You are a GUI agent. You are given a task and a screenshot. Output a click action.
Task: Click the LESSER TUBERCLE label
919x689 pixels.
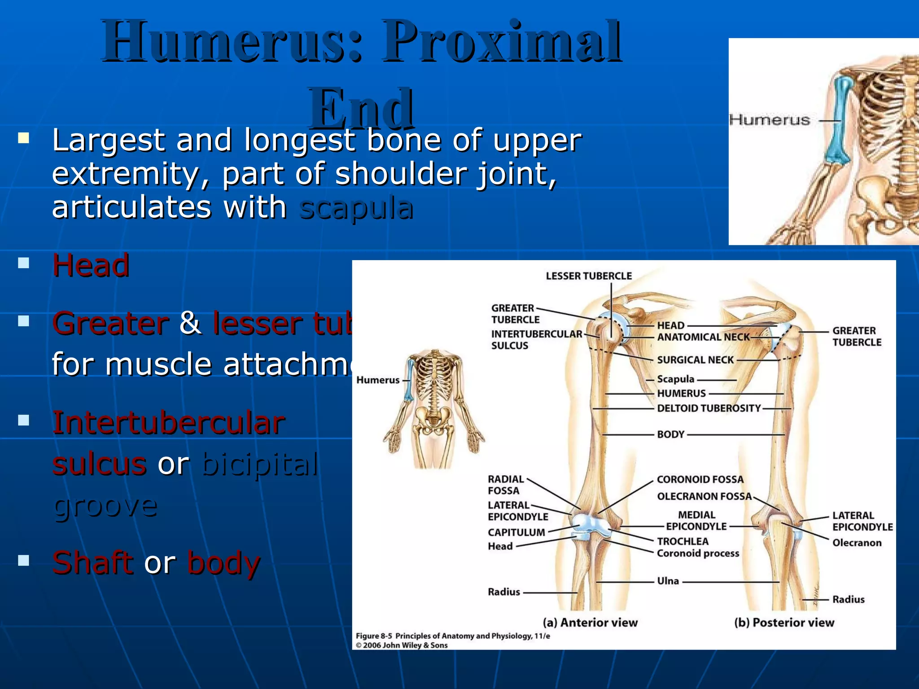tap(588, 276)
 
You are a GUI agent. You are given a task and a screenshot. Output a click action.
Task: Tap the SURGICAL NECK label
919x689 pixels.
tap(695, 360)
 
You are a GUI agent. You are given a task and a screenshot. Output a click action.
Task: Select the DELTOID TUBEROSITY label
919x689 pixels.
tap(709, 408)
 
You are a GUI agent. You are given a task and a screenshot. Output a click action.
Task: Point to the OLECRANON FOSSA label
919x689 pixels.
tap(704, 496)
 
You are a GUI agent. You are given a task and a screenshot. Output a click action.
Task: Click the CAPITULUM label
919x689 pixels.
tap(516, 532)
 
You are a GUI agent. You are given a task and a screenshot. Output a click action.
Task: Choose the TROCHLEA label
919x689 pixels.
tap(683, 541)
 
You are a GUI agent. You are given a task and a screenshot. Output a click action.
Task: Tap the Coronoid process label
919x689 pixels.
tap(698, 553)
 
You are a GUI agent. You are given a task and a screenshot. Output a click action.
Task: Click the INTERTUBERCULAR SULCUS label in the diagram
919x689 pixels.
tap(536, 340)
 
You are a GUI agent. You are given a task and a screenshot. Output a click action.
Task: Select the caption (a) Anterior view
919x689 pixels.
tap(590, 623)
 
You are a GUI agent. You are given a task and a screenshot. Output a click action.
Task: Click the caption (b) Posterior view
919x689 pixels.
tap(784, 623)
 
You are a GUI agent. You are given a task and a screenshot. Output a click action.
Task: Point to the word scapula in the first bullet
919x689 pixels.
tap(356, 208)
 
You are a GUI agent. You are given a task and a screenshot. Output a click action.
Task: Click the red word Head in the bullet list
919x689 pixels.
tap(91, 265)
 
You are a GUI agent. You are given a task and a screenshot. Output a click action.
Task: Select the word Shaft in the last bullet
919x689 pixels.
tap(92, 563)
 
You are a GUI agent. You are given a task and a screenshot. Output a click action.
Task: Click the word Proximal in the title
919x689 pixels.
tap(501, 43)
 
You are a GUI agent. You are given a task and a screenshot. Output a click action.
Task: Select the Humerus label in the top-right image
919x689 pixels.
tap(769, 120)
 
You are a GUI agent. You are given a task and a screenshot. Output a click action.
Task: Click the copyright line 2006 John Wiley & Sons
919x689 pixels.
tap(402, 645)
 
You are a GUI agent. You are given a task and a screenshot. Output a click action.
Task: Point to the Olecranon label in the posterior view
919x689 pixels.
tap(857, 543)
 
